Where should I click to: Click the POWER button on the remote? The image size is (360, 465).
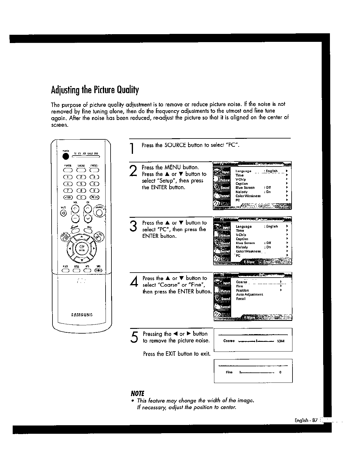[66, 156]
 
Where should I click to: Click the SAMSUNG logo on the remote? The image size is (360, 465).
[82, 314]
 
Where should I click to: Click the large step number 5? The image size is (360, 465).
[135, 337]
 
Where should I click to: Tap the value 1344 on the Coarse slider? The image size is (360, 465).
[281, 341]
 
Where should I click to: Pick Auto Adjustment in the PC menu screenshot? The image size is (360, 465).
[249, 294]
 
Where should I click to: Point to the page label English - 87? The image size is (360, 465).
[306, 421]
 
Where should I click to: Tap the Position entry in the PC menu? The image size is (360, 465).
[242, 290]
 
